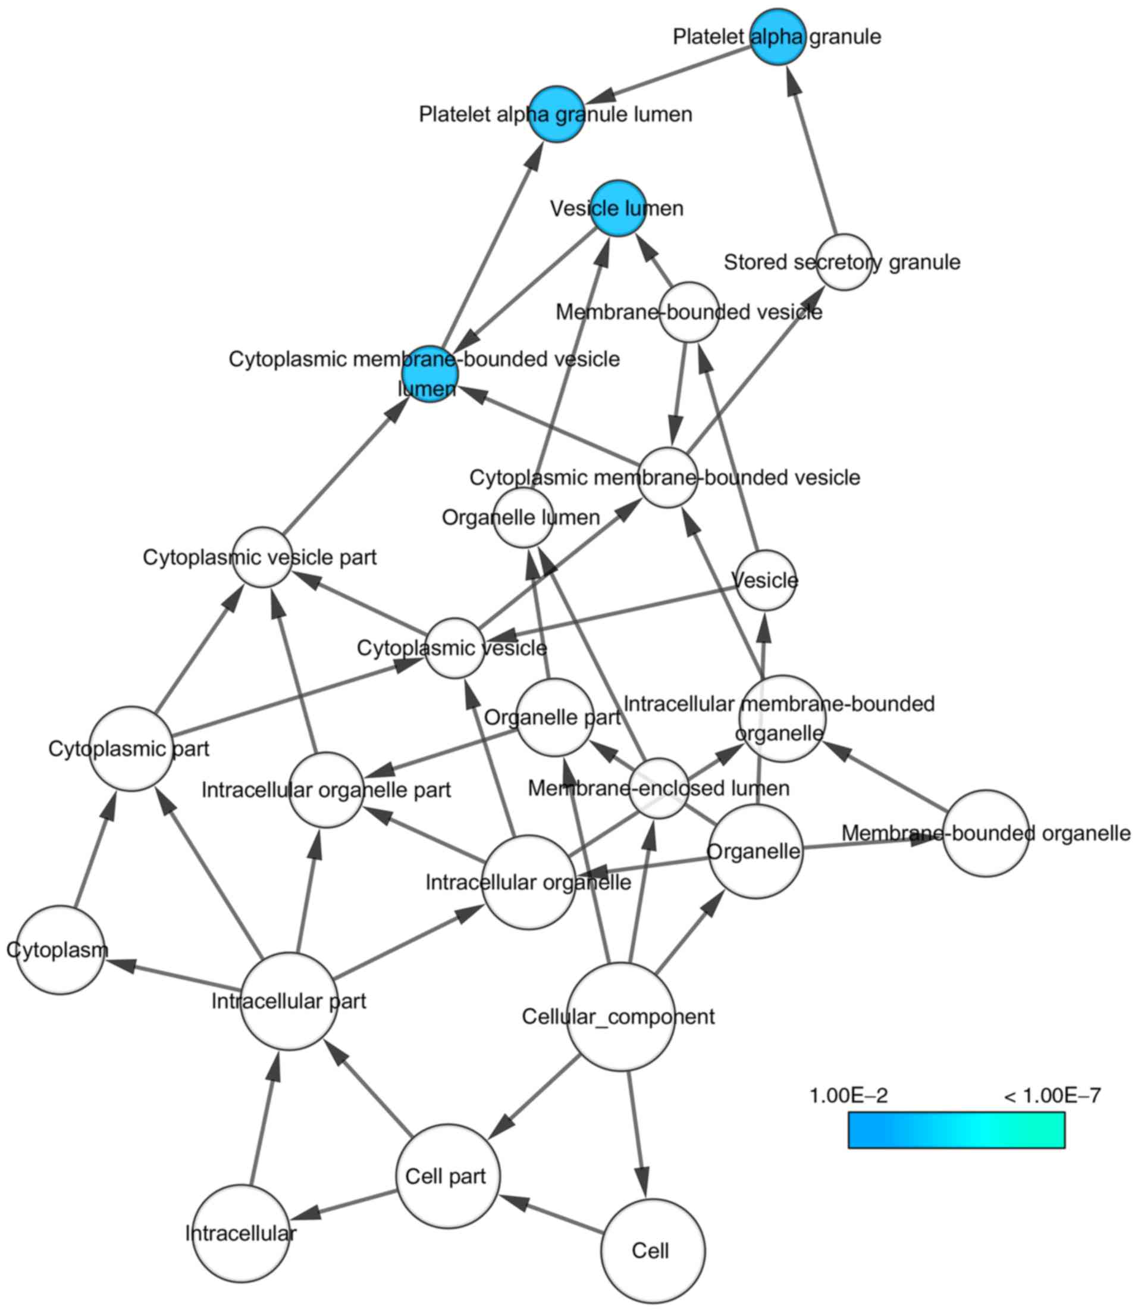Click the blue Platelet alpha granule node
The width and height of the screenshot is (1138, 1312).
(x=778, y=37)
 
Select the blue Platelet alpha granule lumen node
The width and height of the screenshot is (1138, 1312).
(x=557, y=114)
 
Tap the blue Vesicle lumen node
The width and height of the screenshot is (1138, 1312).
(x=618, y=208)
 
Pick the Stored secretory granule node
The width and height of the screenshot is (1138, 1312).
(x=844, y=262)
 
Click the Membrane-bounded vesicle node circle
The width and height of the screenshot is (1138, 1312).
(x=689, y=312)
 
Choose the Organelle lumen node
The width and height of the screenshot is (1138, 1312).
(x=523, y=518)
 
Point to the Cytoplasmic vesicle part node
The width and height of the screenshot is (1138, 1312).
(x=262, y=557)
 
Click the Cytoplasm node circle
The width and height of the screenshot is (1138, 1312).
(x=59, y=950)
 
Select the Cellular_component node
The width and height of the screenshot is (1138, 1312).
(x=620, y=1017)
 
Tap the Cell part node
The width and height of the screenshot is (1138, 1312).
(x=447, y=1177)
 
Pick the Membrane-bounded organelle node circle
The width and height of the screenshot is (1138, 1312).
(x=986, y=833)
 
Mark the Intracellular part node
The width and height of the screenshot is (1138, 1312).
(x=290, y=1001)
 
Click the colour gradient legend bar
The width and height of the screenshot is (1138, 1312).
(x=957, y=1130)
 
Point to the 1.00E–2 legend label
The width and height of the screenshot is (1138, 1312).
(x=848, y=1095)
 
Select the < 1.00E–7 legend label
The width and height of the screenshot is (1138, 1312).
(x=1052, y=1095)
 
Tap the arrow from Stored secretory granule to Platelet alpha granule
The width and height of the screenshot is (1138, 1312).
(x=812, y=152)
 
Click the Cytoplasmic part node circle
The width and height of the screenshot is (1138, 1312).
(x=131, y=749)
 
